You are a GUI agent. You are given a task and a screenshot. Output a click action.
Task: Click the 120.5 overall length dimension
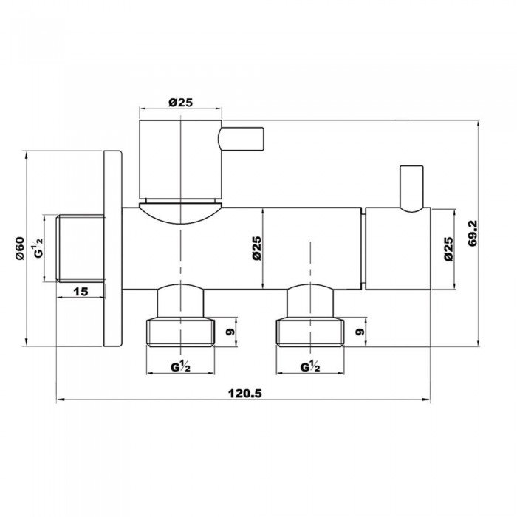pos(245,393)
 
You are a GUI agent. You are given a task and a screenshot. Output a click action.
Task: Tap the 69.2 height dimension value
pos(473,234)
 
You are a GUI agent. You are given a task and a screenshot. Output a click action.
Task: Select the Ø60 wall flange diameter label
pos(20,248)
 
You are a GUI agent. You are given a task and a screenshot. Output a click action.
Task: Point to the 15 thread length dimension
pos(81,292)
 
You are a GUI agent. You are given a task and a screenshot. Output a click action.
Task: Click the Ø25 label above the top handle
pos(180,103)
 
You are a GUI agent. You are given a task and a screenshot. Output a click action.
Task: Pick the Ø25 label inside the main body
pos(257,248)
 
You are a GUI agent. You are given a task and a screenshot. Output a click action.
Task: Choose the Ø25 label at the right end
pos(448,249)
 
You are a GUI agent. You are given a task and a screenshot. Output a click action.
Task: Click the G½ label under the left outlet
pos(180,366)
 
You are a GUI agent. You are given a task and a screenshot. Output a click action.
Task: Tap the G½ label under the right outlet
pos(310,366)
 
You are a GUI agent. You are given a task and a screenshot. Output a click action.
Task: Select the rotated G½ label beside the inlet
pos(38,247)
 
